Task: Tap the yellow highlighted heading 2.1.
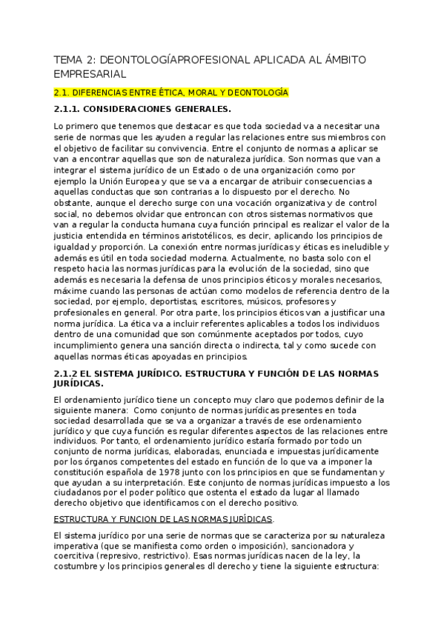[x=170, y=93]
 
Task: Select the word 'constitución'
[x=82, y=472]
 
